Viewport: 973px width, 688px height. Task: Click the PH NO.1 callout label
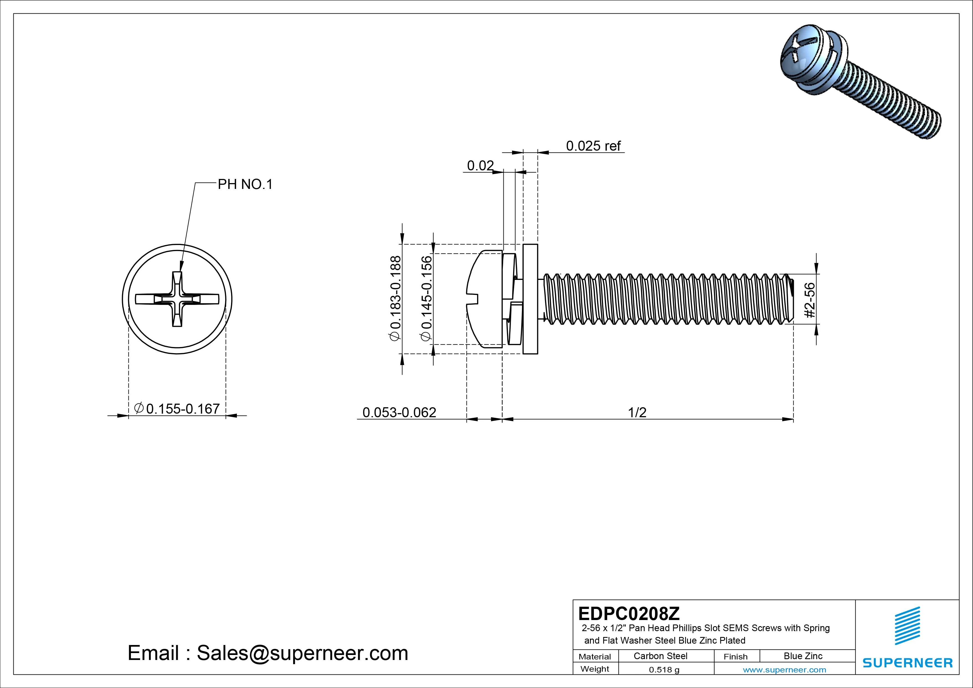[245, 184]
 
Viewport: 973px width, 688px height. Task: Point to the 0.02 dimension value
[480, 166]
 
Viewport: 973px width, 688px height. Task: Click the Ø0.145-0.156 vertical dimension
[426, 298]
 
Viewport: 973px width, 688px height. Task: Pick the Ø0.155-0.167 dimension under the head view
[177, 409]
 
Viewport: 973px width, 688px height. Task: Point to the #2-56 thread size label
[809, 300]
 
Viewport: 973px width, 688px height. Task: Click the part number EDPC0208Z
[629, 613]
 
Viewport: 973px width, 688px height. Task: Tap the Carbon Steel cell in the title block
[660, 656]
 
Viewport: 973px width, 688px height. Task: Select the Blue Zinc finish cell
[803, 656]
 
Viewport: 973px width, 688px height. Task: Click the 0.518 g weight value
[664, 670]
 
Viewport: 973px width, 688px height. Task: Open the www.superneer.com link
[784, 670]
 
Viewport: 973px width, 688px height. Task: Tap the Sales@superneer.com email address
[302, 653]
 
